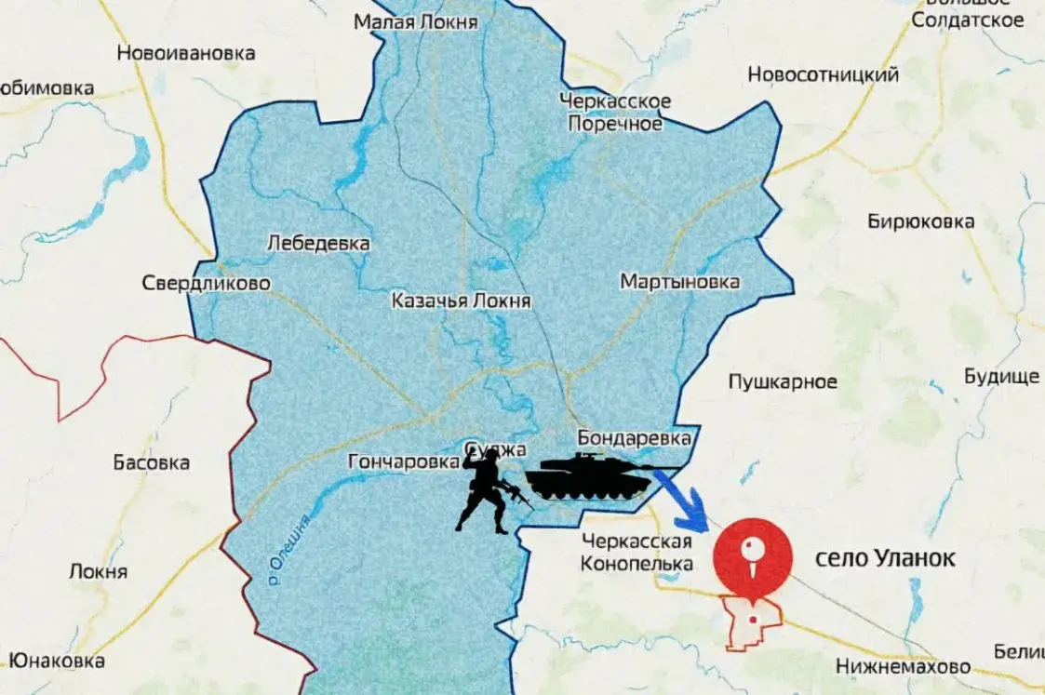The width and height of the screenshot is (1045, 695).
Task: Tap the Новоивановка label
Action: [186, 53]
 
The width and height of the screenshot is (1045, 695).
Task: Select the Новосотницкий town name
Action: [824, 75]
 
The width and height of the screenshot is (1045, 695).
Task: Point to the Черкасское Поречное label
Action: [615, 113]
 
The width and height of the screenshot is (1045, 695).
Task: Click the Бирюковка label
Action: [920, 221]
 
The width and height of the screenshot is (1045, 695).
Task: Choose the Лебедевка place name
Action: [318, 244]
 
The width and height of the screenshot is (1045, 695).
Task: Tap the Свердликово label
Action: [206, 283]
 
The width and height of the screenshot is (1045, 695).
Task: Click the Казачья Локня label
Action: [461, 301]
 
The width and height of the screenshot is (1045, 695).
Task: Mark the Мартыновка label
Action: [680, 282]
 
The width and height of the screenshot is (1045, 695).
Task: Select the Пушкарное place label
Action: [783, 381]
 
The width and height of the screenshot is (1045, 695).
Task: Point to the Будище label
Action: [1000, 377]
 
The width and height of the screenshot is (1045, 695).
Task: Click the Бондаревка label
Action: [635, 436]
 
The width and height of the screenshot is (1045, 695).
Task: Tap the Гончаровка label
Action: [403, 461]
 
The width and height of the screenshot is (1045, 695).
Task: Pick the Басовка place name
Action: [150, 462]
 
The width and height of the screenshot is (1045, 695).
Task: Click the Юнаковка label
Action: [52, 661]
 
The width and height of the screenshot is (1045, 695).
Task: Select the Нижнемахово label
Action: [903, 666]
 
